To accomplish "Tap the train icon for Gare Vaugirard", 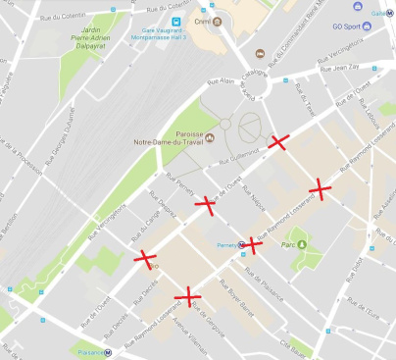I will pos(174,21).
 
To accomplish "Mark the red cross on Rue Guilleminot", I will pos(278,143).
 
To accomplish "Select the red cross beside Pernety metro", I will pos(253,244).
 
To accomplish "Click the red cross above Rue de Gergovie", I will pos(185,294).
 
